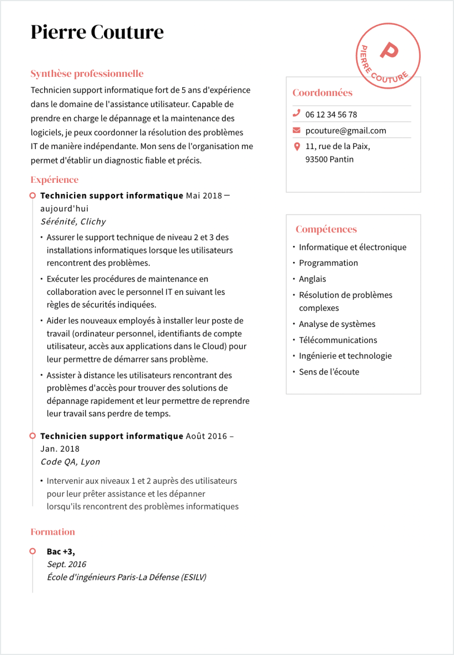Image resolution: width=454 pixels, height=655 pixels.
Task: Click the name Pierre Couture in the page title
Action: click(x=97, y=32)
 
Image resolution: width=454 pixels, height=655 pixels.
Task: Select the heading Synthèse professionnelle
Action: click(x=87, y=73)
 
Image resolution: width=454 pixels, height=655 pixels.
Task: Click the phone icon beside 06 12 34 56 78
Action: click(x=297, y=114)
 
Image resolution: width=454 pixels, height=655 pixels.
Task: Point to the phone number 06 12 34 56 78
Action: click(x=331, y=114)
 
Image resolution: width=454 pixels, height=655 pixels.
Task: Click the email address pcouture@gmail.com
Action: click(x=346, y=130)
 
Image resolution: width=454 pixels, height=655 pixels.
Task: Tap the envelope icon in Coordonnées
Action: click(x=297, y=130)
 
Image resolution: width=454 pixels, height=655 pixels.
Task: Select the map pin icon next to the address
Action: click(x=297, y=146)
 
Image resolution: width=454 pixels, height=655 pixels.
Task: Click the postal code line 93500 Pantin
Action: click(x=329, y=159)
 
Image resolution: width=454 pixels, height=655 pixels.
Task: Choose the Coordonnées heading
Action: click(x=322, y=93)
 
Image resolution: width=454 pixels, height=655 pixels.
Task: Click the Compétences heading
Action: click(x=326, y=229)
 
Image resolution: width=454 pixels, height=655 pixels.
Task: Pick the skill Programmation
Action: click(x=328, y=263)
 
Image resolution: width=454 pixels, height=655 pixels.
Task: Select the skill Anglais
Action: click(x=313, y=279)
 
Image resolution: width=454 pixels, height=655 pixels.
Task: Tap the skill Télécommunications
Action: click(x=338, y=340)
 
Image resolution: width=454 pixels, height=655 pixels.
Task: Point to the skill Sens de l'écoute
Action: click(x=329, y=372)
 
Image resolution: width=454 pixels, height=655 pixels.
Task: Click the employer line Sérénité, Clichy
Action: click(x=73, y=221)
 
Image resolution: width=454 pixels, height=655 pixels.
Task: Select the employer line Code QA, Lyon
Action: click(x=70, y=462)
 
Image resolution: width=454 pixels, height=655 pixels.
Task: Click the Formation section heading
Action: click(x=52, y=532)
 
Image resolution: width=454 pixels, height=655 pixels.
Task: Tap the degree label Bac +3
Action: click(x=61, y=551)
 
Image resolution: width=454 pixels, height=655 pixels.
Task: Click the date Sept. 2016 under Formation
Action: click(x=66, y=564)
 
